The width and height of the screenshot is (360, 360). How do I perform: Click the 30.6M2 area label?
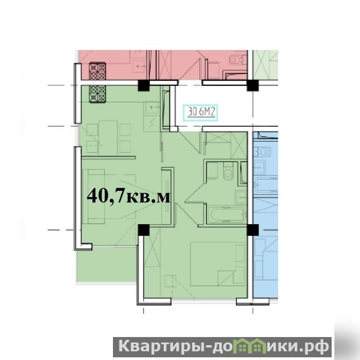click(201, 112)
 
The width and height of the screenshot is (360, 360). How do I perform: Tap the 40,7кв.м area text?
click(129, 196)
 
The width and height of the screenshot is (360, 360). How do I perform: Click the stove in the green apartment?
click(98, 94)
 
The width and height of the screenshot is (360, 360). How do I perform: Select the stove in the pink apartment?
click(98, 71)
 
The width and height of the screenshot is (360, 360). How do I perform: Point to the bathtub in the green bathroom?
click(227, 215)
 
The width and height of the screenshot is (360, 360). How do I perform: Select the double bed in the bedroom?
click(218, 264)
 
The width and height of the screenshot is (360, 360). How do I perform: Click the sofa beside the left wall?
click(94, 196)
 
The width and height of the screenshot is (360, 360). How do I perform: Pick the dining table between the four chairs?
click(108, 138)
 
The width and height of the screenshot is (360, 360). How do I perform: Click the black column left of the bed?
click(144, 230)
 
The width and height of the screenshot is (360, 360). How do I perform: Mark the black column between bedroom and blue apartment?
click(252, 230)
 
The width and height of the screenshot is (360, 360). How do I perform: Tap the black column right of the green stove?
click(144, 85)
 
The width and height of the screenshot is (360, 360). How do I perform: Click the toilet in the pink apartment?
click(236, 60)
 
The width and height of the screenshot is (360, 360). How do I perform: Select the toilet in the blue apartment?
click(265, 152)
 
